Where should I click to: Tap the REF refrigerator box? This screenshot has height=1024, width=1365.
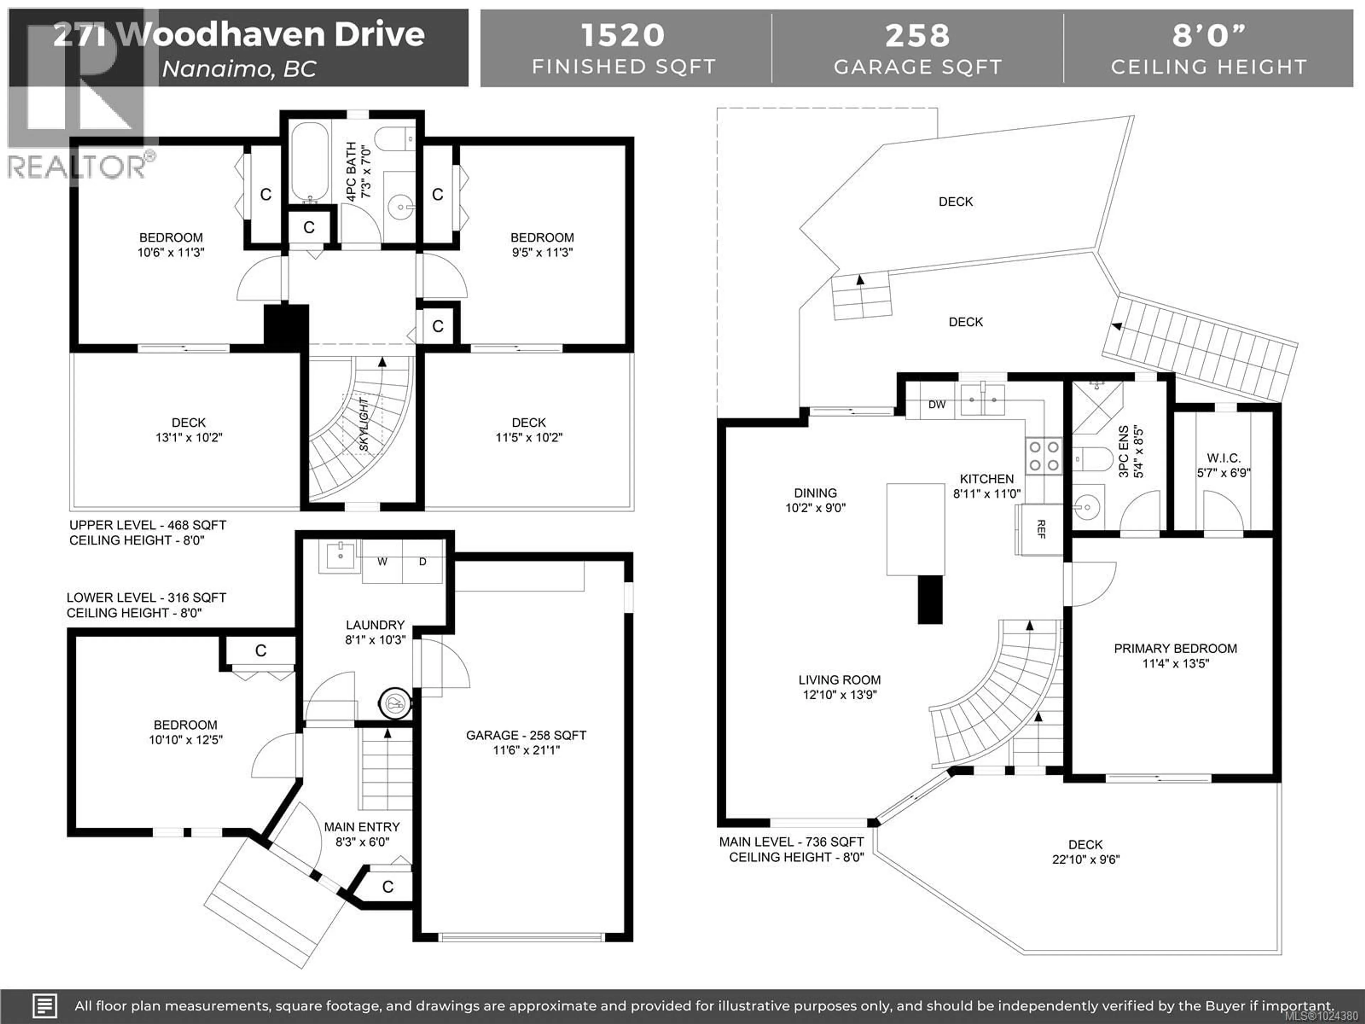[x=1040, y=529]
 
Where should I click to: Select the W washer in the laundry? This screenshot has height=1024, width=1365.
[x=382, y=562]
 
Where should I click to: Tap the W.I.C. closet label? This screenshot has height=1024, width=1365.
[x=1223, y=458]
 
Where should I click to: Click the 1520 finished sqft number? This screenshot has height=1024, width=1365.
[x=623, y=35]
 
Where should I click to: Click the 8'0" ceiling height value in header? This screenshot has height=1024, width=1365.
[x=1208, y=35]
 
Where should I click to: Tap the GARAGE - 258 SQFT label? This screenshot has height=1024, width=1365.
[x=526, y=735]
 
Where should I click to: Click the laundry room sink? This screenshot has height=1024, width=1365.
[x=340, y=555]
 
